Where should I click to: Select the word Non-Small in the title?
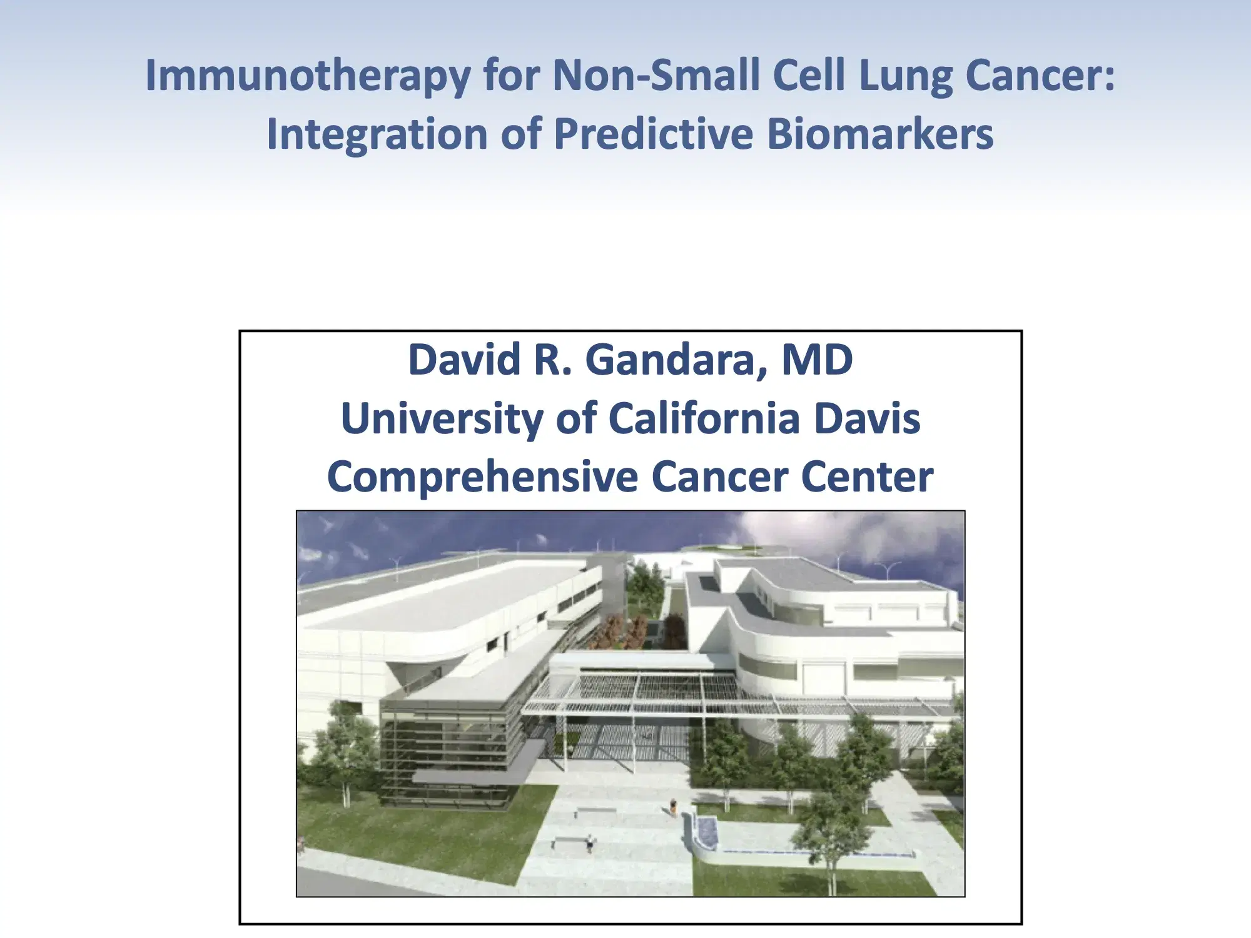[x=656, y=75]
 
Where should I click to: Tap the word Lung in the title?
[x=905, y=76]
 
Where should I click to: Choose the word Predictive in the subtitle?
[x=653, y=134]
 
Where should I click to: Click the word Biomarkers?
[x=880, y=134]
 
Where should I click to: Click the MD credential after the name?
[x=817, y=360]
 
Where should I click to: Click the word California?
[x=704, y=418]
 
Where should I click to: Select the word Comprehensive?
[x=482, y=477]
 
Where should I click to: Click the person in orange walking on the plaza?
[x=673, y=807]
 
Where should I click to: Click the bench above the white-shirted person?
[x=595, y=811]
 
